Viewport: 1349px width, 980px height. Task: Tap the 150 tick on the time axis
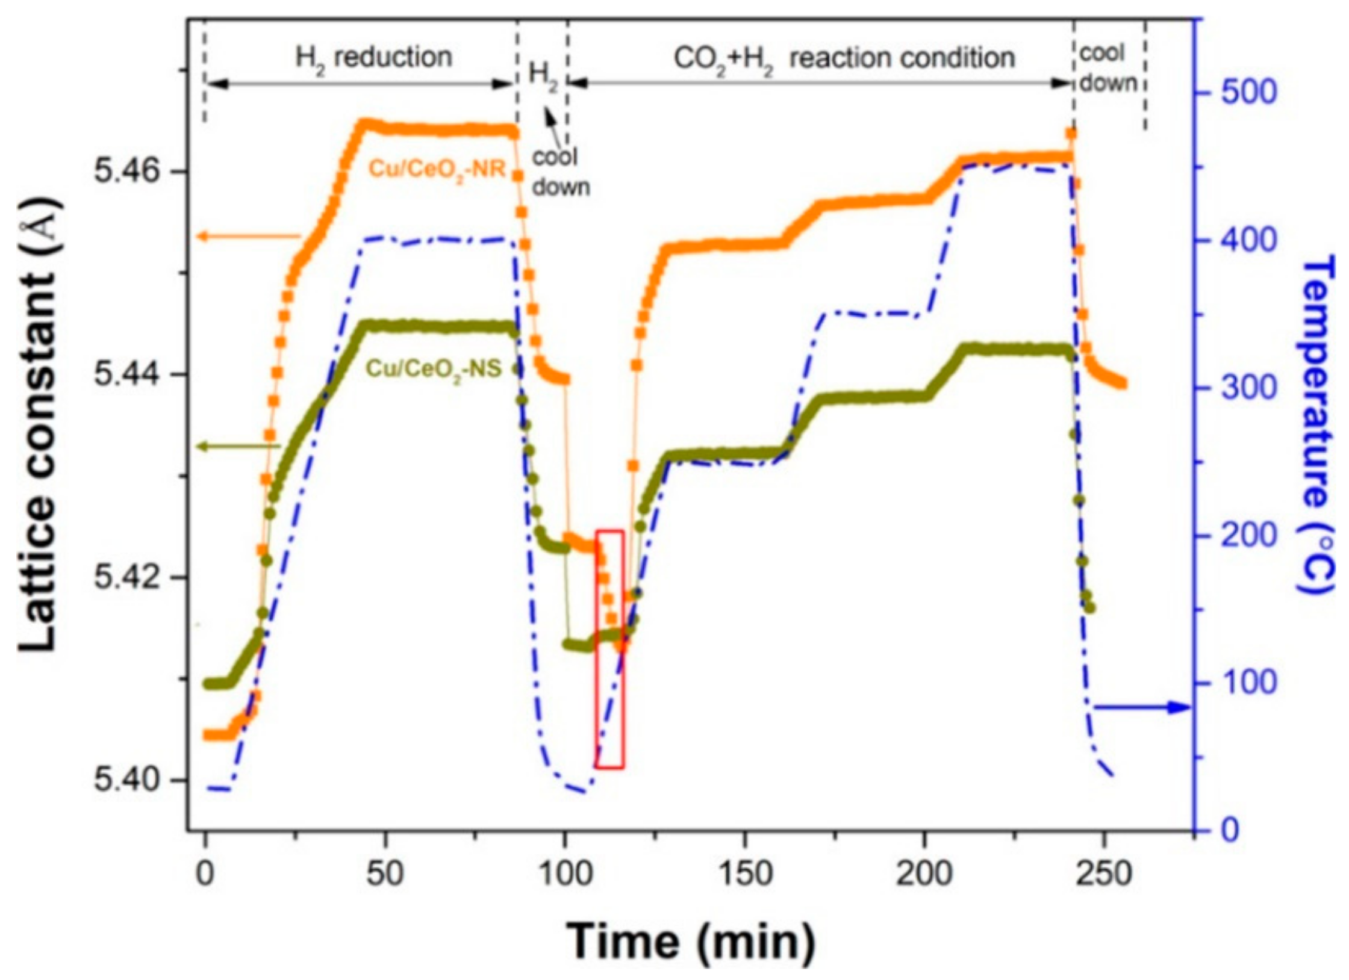[x=745, y=874]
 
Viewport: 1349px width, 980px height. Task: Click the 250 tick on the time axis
[x=1104, y=874]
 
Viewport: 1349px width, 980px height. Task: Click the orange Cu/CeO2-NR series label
[x=437, y=169]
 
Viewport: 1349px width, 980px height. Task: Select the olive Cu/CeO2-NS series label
[x=434, y=368]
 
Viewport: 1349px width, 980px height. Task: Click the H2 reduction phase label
[x=373, y=58]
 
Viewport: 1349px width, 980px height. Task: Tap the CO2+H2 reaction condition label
[x=844, y=58]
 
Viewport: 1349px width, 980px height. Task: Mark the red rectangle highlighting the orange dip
[x=609, y=649]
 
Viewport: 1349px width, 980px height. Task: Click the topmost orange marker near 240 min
[x=1070, y=133]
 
